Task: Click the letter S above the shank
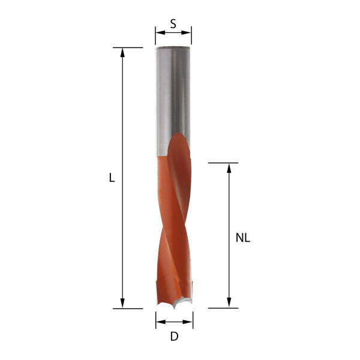click(173, 24)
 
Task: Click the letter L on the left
click(112, 178)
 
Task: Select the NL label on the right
click(242, 238)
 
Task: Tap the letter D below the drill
click(174, 337)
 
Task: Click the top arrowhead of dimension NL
click(229, 167)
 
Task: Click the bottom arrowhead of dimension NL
click(229, 304)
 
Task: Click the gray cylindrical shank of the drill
click(173, 96)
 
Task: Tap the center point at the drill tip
click(174, 307)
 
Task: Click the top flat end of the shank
click(173, 48)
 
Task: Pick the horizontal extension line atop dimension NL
click(223, 163)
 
